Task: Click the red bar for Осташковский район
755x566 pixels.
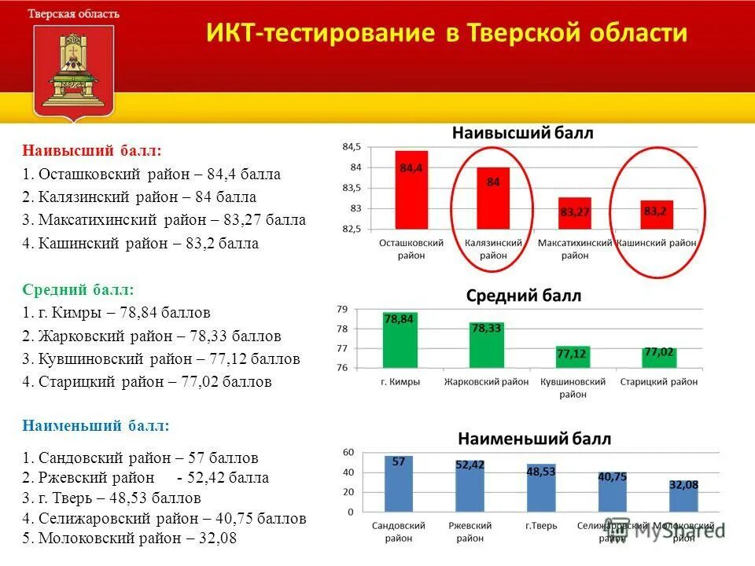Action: click(411, 189)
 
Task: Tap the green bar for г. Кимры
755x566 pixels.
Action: click(400, 340)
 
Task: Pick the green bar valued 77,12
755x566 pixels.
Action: click(572, 357)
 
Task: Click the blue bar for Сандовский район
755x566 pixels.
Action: click(399, 483)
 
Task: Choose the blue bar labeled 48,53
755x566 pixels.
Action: click(541, 487)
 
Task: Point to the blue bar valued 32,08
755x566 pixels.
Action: click(683, 496)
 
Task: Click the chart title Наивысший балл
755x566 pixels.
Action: click(522, 134)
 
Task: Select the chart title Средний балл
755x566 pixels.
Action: click(524, 296)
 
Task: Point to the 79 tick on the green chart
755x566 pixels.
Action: click(341, 309)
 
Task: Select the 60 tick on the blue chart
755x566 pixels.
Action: click(348, 452)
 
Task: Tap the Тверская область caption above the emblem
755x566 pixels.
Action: click(74, 14)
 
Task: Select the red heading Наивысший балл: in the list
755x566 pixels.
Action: click(92, 149)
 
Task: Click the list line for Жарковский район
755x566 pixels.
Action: click(152, 336)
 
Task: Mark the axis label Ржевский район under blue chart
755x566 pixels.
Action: click(470, 531)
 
